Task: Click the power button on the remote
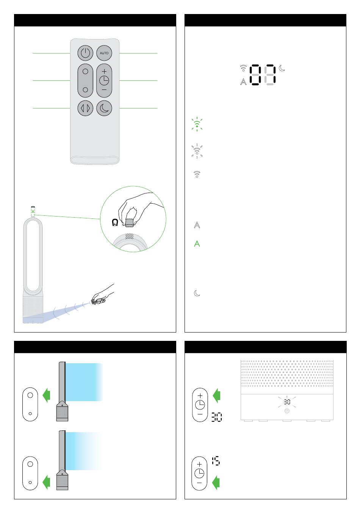click(85, 53)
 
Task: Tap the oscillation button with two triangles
click(85, 108)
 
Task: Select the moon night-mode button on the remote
click(104, 108)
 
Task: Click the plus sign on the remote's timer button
click(104, 71)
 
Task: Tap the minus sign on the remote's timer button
click(104, 89)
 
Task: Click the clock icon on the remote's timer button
click(104, 80)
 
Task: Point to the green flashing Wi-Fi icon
click(197, 124)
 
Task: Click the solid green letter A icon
click(197, 244)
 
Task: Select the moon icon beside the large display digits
click(282, 68)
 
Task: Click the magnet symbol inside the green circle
click(115, 223)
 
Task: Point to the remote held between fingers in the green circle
click(130, 223)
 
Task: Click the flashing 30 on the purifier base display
click(287, 402)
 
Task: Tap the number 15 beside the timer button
click(216, 461)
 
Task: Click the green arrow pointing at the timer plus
click(216, 395)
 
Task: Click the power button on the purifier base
click(287, 411)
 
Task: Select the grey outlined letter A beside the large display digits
click(243, 82)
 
